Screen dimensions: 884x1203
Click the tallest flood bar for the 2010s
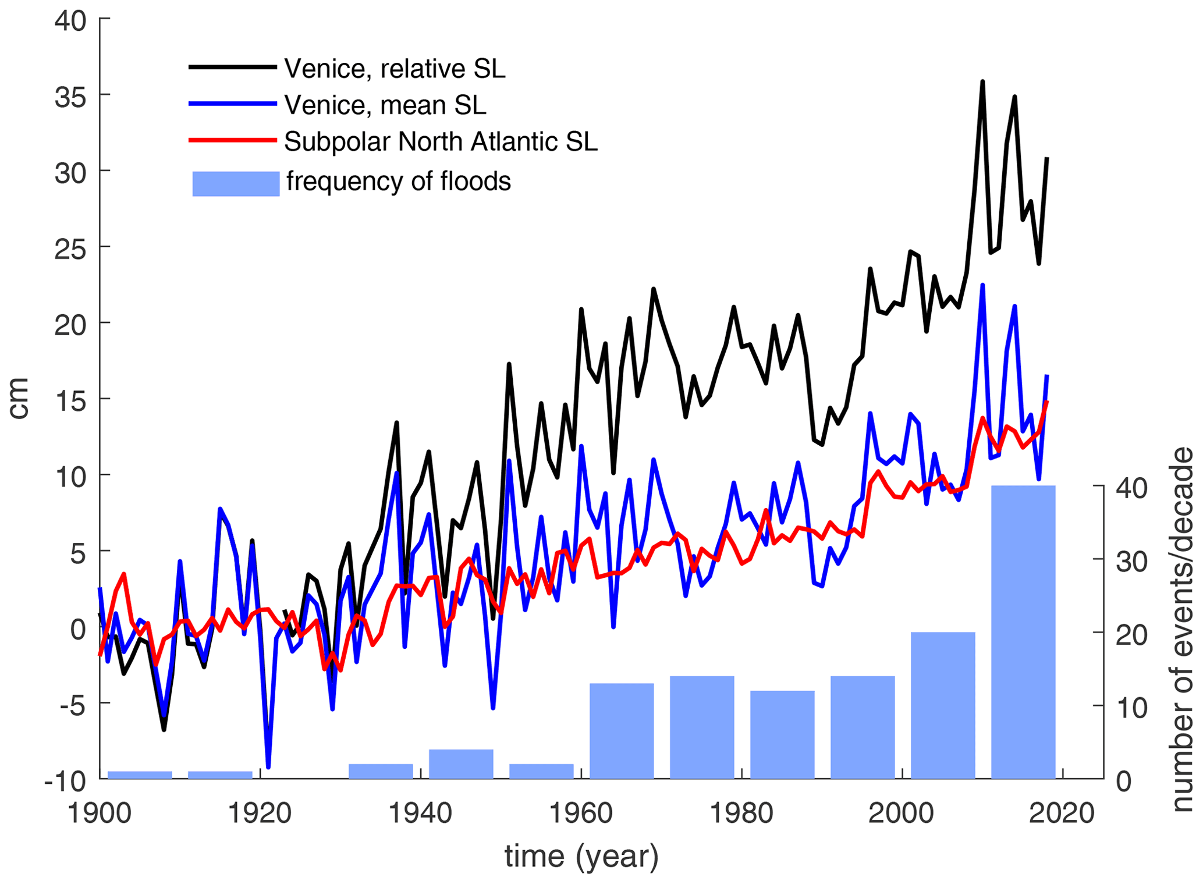click(1023, 631)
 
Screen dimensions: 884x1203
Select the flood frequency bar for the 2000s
click(942, 705)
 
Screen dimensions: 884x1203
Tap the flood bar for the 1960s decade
click(622, 730)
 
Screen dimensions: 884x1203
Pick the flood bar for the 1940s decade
click(461, 764)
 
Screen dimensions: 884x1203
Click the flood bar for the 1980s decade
click(782, 734)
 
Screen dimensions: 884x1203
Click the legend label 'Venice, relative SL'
click(395, 69)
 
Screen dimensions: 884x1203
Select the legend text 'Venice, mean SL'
click(385, 105)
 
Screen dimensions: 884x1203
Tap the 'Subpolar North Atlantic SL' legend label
click(441, 141)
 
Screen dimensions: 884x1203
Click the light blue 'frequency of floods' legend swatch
click(236, 183)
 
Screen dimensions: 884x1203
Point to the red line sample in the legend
click(232, 140)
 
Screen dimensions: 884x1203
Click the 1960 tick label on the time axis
click(581, 813)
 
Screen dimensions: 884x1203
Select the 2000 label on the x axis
click(901, 813)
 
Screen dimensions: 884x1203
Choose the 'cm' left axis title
click(19, 398)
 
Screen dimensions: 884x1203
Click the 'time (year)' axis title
click(581, 856)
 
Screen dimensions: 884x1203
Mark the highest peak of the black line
click(982, 81)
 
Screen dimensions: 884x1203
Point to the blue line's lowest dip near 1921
click(268, 767)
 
